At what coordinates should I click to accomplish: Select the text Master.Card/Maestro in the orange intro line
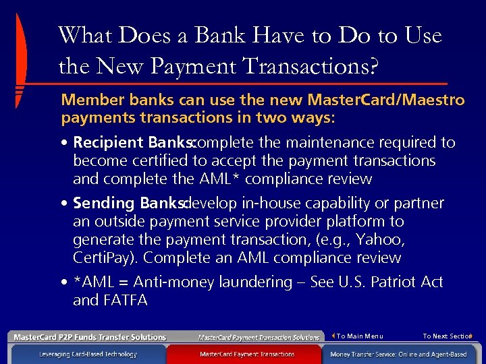pyautogui.click(x=385, y=100)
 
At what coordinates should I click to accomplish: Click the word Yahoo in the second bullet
pyautogui.click(x=379, y=240)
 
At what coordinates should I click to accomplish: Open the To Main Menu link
pyautogui.click(x=358, y=336)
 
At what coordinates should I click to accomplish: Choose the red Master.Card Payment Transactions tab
pyautogui.click(x=247, y=354)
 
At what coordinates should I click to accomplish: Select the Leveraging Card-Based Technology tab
pyautogui.click(x=88, y=354)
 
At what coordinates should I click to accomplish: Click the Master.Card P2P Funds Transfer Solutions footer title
pyautogui.click(x=90, y=337)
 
